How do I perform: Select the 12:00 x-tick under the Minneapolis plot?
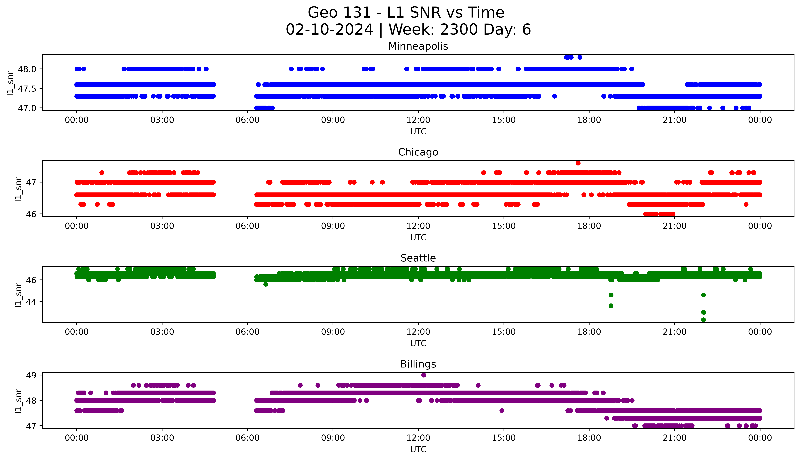coord(418,120)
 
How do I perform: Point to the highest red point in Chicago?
coord(578,163)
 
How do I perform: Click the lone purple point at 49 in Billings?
coord(424,375)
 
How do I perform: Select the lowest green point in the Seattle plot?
coord(703,320)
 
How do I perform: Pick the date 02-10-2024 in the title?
coord(329,30)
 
